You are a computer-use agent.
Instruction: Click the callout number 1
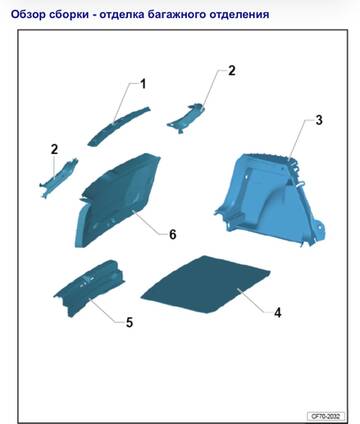tap(143, 84)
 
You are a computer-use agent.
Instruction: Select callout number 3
tap(319, 120)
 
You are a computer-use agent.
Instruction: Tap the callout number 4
tap(278, 313)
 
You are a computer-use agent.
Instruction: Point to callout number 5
tap(129, 322)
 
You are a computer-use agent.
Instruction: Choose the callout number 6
tap(172, 234)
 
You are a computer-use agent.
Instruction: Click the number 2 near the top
tap(232, 71)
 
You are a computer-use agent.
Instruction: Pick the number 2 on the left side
tap(54, 149)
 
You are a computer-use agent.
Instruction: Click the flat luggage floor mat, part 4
tap(206, 285)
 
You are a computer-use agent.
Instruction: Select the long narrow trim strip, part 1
tap(118, 126)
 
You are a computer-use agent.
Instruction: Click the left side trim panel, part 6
tap(117, 200)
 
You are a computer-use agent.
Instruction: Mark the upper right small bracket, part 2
tap(186, 118)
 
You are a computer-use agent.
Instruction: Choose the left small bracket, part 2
tap(58, 178)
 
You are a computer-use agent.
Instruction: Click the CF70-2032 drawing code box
tap(326, 416)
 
